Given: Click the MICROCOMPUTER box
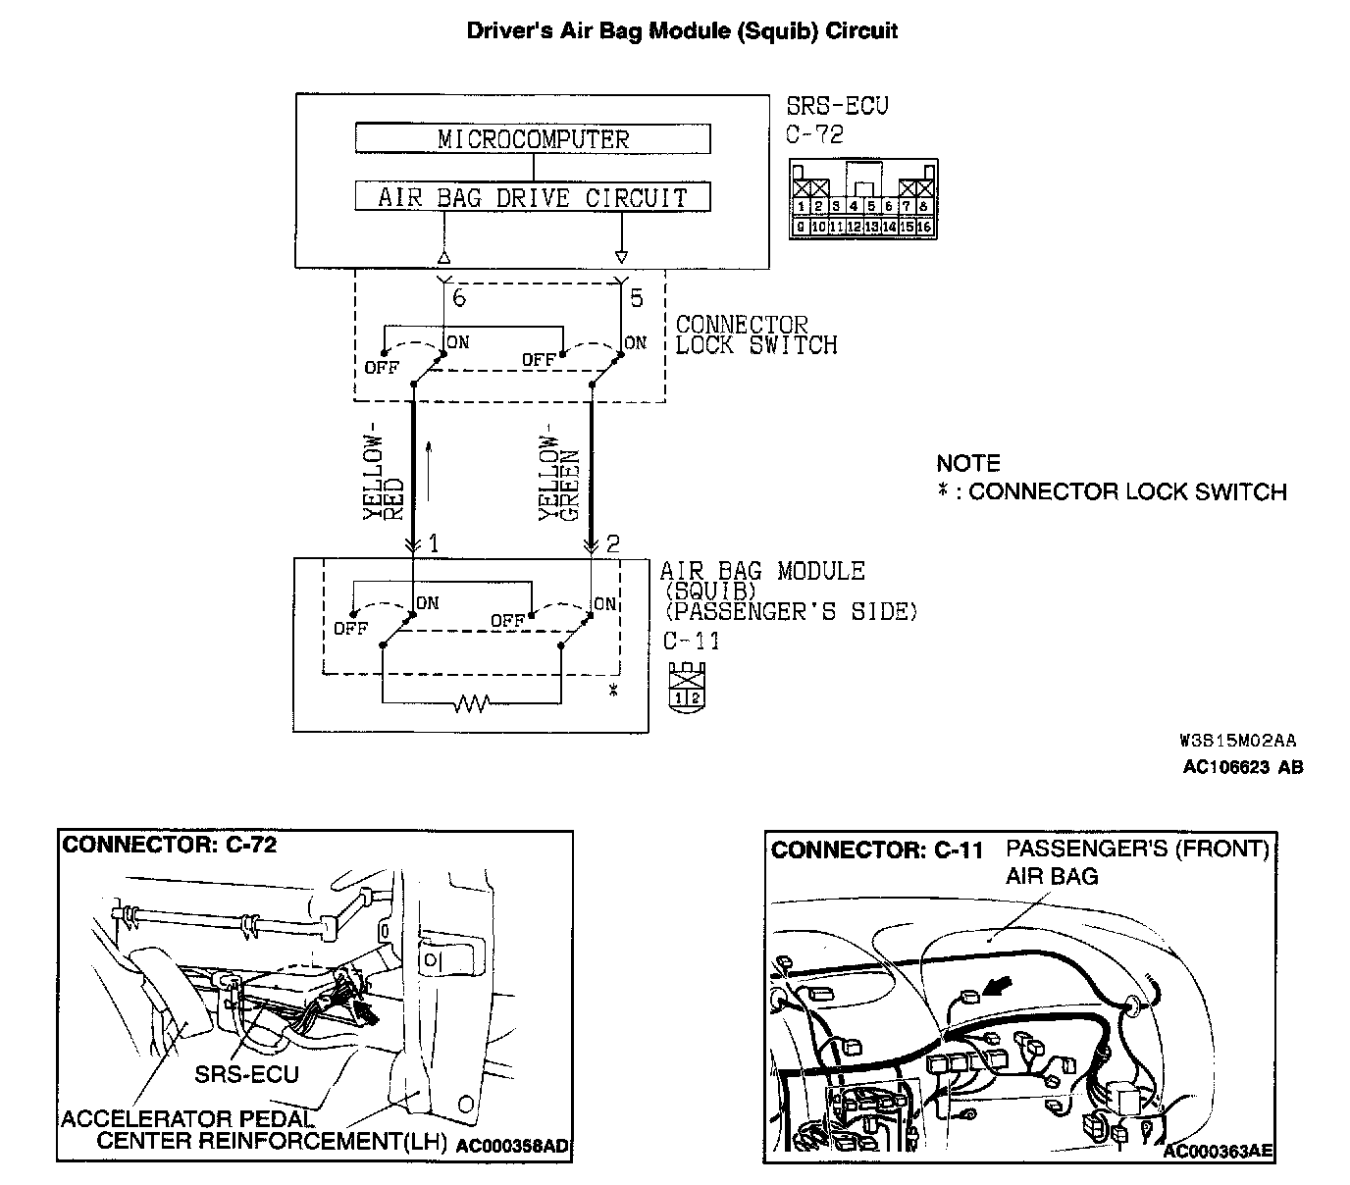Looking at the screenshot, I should [532, 138].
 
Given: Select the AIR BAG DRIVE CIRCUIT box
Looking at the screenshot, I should [532, 196].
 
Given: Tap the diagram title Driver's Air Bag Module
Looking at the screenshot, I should [681, 30].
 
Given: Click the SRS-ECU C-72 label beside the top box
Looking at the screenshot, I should [837, 120].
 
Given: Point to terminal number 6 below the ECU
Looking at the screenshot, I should [459, 298].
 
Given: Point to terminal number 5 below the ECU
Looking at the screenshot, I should [637, 298].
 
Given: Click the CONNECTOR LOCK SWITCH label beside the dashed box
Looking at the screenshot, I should [756, 335].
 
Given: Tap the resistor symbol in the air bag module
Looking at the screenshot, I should [471, 703].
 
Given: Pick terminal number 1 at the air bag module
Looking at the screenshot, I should [433, 543].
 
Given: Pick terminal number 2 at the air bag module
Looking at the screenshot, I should [613, 543].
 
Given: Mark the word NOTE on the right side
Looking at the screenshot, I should [967, 463].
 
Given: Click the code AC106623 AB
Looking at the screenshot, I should [1243, 767].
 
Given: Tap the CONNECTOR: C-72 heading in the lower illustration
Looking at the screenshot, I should [170, 845].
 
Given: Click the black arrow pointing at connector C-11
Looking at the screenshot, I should [1002, 986].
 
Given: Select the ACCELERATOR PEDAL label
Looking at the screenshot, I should [188, 1118].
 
